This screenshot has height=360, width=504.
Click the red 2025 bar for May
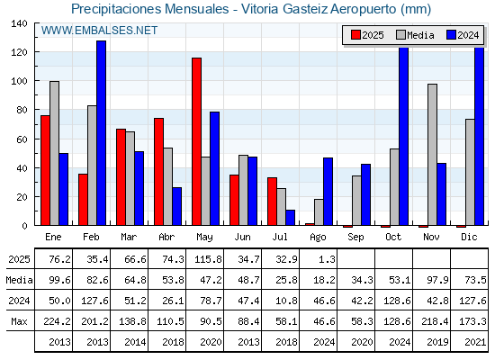(196, 141)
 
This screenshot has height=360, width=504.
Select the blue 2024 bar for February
(101, 133)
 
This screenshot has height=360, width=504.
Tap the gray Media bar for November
(432, 155)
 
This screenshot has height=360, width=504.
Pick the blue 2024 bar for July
(290, 218)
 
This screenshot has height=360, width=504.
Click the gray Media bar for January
(54, 153)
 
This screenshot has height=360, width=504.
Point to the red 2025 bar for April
(158, 172)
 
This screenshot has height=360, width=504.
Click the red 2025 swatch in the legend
(355, 35)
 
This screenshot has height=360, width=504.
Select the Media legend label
(420, 35)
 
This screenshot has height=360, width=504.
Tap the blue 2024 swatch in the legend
(451, 35)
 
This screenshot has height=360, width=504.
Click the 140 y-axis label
(20, 23)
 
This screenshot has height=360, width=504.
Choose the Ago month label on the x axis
(318, 238)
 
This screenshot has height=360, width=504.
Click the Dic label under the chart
(469, 237)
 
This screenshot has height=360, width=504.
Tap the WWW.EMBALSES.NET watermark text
(99, 31)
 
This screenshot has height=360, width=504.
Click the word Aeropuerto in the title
(363, 9)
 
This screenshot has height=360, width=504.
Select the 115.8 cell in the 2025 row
(208, 259)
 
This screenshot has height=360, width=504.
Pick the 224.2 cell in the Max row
(57, 321)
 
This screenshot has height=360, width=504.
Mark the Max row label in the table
(19, 321)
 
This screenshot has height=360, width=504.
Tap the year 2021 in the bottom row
(475, 342)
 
